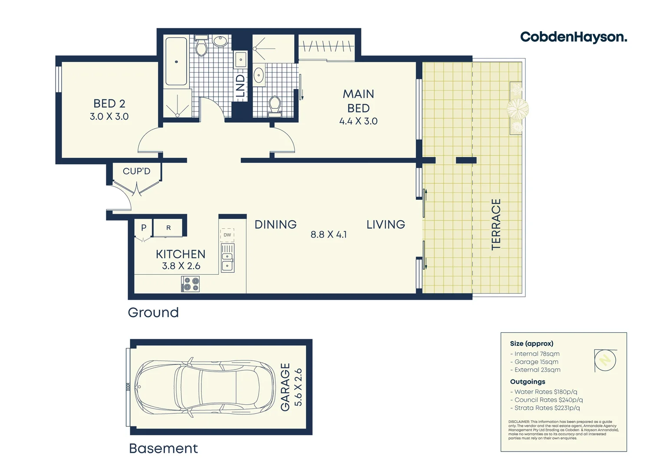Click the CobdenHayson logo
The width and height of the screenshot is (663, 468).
click(x=573, y=37)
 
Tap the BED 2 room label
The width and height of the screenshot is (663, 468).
click(x=109, y=104)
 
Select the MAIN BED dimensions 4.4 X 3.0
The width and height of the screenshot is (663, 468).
click(x=358, y=121)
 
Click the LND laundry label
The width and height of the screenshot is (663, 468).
click(x=240, y=86)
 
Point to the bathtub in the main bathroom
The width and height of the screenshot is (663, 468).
click(x=176, y=62)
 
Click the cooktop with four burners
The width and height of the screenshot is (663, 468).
click(x=190, y=284)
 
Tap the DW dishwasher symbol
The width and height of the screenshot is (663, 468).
click(x=227, y=235)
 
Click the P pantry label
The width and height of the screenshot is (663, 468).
click(x=144, y=227)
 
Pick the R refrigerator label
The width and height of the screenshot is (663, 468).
click(x=168, y=227)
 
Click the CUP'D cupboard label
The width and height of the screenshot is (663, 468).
click(x=136, y=171)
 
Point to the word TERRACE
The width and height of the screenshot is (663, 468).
click(x=496, y=224)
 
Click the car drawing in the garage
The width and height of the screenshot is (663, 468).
click(x=205, y=387)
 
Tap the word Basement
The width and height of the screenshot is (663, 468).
click(x=163, y=448)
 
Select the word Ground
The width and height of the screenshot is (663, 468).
click(x=153, y=312)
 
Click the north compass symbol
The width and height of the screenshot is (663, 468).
click(x=605, y=360)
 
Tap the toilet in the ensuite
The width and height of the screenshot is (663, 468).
click(x=274, y=105)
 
